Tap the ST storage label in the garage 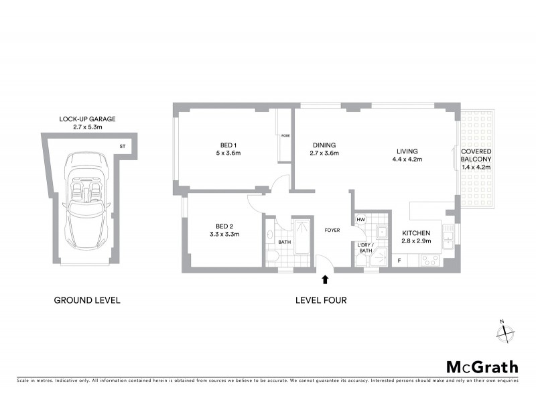pyautogui.click(x=123, y=145)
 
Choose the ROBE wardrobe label pyautogui.click(x=285, y=136)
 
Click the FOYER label pyautogui.click(x=332, y=230)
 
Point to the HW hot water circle pyautogui.click(x=360, y=219)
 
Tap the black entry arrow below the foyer pyautogui.click(x=326, y=279)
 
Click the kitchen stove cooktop pyautogui.click(x=429, y=259)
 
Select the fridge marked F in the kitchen pyautogui.click(x=399, y=260)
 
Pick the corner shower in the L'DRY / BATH pyautogui.click(x=381, y=256)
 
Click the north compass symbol pyautogui.click(x=507, y=333)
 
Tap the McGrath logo pyautogui.click(x=482, y=366)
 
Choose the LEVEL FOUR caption pyautogui.click(x=321, y=300)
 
